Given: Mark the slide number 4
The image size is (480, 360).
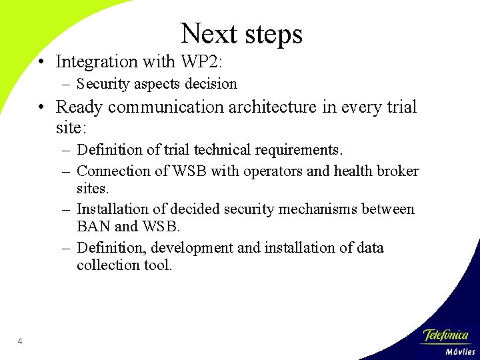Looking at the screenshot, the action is [20, 342].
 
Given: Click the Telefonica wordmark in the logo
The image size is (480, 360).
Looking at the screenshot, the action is [446, 335].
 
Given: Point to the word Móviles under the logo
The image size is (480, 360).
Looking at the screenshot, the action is [459, 351].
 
